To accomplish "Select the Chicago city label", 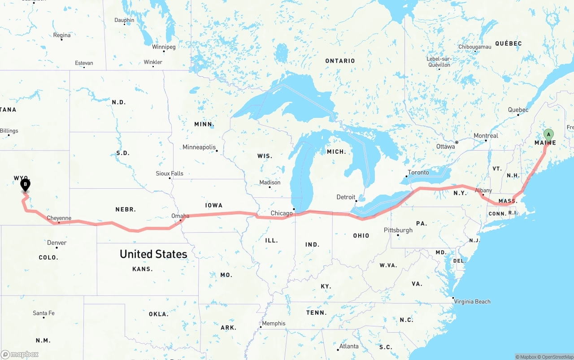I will click(x=282, y=213).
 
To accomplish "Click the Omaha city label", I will click(x=180, y=216).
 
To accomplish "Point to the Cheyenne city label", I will click(x=59, y=218).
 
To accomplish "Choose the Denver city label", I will click(x=57, y=243).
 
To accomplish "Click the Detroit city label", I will click(x=346, y=197).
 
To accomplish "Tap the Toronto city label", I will click(x=418, y=172).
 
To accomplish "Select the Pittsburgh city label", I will click(x=398, y=230).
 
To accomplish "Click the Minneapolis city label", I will click(x=199, y=147).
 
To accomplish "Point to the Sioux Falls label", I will click(x=170, y=173).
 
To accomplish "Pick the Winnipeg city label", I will click(x=164, y=47).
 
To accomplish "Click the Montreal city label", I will click(x=486, y=135).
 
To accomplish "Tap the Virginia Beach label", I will click(x=472, y=301).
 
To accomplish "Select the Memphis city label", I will click(x=274, y=323).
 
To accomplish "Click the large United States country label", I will click(x=153, y=254).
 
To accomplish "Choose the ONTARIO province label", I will click(x=340, y=61).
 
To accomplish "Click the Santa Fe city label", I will click(x=43, y=313).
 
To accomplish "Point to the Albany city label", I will click(x=483, y=191).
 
